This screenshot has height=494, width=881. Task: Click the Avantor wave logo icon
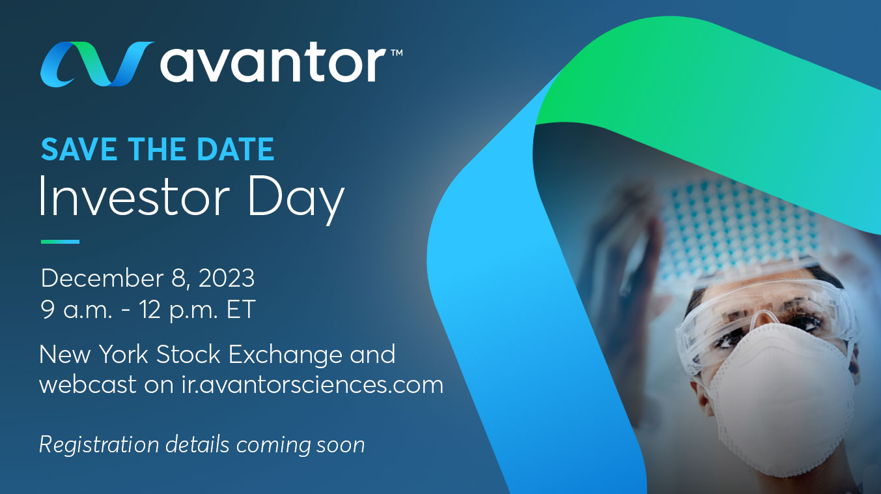point(97,64)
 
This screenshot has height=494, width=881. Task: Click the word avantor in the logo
point(273,64)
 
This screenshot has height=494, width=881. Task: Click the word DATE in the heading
point(236,149)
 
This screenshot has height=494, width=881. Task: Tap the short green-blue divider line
point(60,242)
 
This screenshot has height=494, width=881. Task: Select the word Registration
point(98,444)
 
